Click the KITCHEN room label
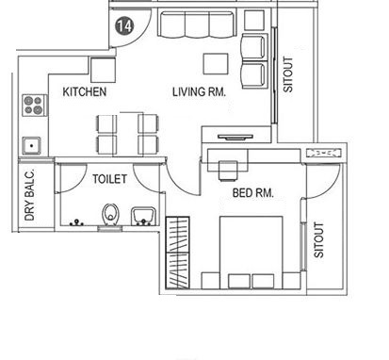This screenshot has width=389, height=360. [x=85, y=91]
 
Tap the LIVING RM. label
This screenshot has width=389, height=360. [x=199, y=91]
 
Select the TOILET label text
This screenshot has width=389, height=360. [x=109, y=179]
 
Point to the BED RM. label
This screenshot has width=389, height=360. [x=253, y=192]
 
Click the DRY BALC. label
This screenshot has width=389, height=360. [x=29, y=195]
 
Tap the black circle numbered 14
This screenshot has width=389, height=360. [x=124, y=25]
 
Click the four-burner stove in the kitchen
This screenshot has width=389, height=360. [x=34, y=106]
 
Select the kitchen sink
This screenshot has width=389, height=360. [x=31, y=146]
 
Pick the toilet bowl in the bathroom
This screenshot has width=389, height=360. [x=110, y=215]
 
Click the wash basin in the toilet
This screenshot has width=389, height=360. [x=143, y=216]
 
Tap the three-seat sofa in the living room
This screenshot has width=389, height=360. [x=197, y=25]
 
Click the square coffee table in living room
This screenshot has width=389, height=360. [x=216, y=64]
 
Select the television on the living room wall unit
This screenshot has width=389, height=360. [x=235, y=137]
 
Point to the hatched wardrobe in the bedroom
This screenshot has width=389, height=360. [x=177, y=253]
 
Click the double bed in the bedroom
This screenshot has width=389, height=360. [x=251, y=253]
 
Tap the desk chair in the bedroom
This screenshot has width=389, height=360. [x=228, y=171]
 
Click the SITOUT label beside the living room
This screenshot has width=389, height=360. [x=288, y=74]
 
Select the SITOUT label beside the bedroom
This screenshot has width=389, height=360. [x=318, y=240]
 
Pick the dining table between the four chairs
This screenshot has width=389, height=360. [x=128, y=134]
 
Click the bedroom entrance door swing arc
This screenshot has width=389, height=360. [x=180, y=184]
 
